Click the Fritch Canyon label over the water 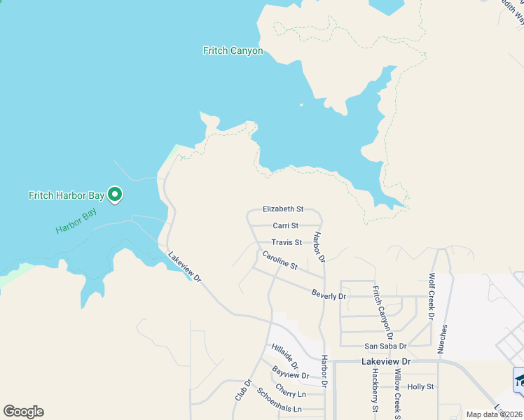click(x=233, y=51)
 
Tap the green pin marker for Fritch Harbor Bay click(x=116, y=195)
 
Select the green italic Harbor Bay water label click(x=76, y=222)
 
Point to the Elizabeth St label click(x=282, y=209)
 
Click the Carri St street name click(x=285, y=225)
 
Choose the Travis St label click(x=287, y=242)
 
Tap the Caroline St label click(x=280, y=261)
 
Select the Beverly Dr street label click(x=329, y=296)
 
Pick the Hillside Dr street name click(x=285, y=356)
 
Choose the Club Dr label click(x=242, y=390)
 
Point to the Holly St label click(x=421, y=386)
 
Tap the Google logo click(x=23, y=412)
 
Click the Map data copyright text click(x=493, y=414)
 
